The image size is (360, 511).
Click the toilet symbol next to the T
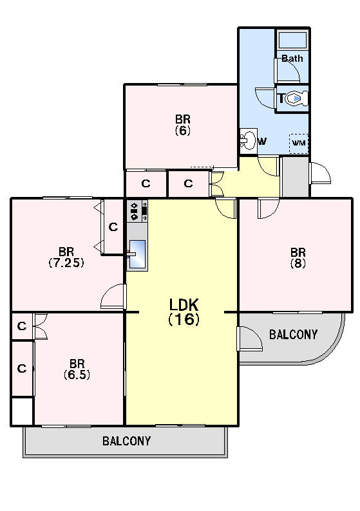coord(297,98)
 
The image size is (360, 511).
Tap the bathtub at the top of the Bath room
coord(292,41)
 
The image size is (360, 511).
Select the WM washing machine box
coord(299,144)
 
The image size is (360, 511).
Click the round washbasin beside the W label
coord(249,141)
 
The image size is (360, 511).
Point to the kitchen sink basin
coord(137,254)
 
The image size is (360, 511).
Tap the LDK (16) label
coord(184,312)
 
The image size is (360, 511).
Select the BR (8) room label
coord(298,257)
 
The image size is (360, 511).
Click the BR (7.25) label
coord(66,257)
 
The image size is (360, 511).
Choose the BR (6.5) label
coord(77,369)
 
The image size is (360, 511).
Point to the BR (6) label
coord(183,124)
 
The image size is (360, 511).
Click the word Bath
coord(292,59)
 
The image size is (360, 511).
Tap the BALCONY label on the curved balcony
coord(293,335)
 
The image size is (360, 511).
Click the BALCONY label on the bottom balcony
coord(126,441)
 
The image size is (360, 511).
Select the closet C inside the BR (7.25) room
coord(113,227)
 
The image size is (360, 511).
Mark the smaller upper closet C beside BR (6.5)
coord(22,326)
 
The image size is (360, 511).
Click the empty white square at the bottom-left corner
coord(22,411)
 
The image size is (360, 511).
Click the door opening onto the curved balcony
coord(251,339)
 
